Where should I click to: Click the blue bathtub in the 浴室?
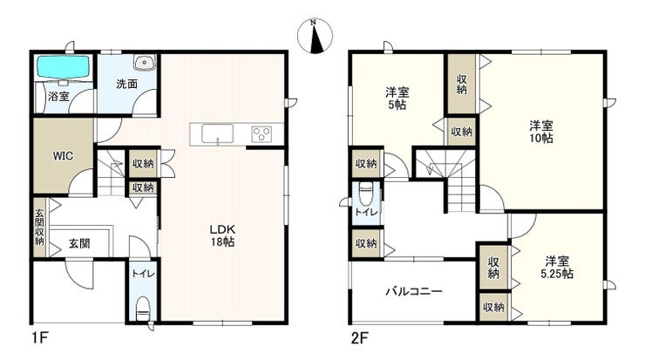[x=64, y=66]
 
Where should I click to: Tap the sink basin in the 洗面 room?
[x=144, y=62]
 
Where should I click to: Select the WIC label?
[x=63, y=156]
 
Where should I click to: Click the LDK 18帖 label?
[x=222, y=235]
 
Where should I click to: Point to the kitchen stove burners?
[x=262, y=134]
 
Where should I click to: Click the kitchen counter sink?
[x=217, y=133]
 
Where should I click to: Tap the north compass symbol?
[x=316, y=37]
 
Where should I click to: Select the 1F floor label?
[x=40, y=338]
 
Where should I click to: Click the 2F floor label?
[x=359, y=338]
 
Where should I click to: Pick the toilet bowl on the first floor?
[x=142, y=309]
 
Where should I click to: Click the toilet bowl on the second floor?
[x=366, y=194]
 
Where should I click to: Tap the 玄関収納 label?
[x=39, y=228]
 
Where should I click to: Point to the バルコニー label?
[x=414, y=292]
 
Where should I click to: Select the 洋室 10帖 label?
[x=541, y=132]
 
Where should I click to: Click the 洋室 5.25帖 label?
[x=557, y=267]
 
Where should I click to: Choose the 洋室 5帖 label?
[x=397, y=98]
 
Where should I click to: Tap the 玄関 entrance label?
[x=79, y=243]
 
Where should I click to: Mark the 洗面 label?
[x=126, y=84]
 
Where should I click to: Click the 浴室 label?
[x=58, y=96]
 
